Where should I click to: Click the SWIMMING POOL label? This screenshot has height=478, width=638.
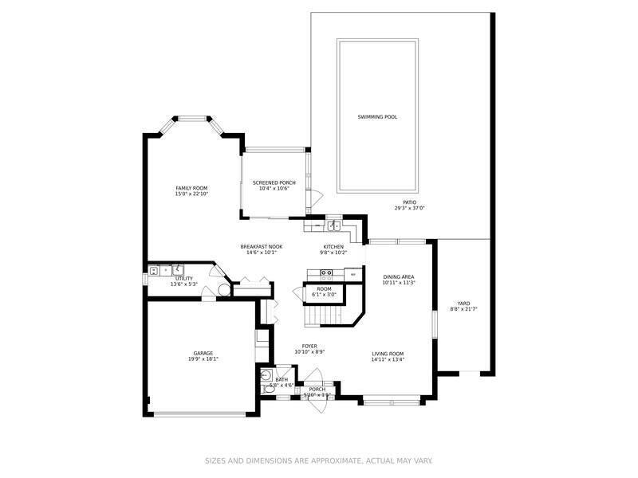coord(377,117)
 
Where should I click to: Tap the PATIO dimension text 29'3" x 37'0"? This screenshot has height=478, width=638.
coord(410,208)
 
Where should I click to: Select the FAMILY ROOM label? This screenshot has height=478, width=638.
coord(191,188)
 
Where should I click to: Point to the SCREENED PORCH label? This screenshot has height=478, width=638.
coord(274,182)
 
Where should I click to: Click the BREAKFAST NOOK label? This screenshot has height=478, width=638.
coord(262,247)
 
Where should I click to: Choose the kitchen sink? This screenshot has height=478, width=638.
coord(337,225)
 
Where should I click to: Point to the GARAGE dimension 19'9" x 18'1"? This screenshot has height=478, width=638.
coord(203,359)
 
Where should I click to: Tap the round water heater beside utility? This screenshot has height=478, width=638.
coord(224,290)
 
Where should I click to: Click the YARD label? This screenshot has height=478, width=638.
coord(463,303)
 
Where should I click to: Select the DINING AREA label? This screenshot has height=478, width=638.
coord(399,276)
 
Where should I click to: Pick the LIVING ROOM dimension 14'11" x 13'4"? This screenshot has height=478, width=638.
coord(388,359)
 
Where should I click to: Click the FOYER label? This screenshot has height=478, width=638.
coord(309,346)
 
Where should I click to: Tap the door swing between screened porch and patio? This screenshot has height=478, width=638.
coord(315,197)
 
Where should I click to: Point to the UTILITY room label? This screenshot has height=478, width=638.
coord(184,278)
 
